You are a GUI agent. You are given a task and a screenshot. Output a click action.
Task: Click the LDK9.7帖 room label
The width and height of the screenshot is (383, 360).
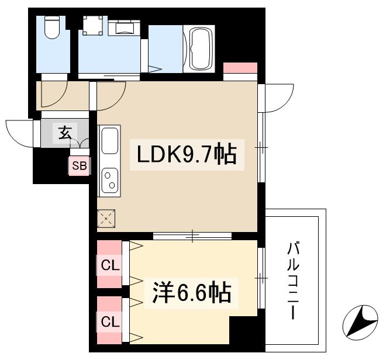(x=187, y=155)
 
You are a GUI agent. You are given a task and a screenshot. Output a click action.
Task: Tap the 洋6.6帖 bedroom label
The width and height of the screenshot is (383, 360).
(x=192, y=293)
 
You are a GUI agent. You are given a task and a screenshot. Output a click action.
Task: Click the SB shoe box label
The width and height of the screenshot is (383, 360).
(x=79, y=166)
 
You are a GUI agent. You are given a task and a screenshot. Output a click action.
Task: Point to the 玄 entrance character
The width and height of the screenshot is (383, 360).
(x=64, y=133)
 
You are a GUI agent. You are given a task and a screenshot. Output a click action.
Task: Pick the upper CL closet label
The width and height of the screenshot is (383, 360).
(x=109, y=265)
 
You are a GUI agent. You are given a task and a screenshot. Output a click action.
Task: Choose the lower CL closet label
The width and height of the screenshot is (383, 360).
(x=109, y=321)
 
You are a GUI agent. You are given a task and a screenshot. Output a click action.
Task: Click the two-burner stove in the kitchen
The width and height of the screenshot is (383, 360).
(x=109, y=180)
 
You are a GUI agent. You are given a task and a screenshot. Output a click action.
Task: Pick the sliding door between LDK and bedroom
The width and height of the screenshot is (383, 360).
(x=192, y=237)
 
